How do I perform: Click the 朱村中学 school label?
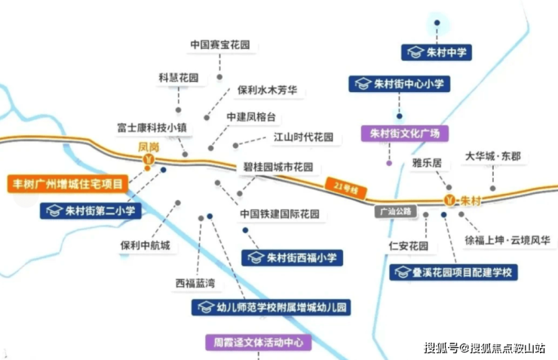tap(437, 52)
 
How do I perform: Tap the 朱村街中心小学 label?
tap(400, 84)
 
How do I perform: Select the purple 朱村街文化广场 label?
tap(405, 134)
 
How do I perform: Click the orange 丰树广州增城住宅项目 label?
tap(68, 184)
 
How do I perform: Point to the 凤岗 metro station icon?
tap(149, 159)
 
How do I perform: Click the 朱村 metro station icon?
tap(450, 200)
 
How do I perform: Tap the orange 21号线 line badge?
tap(346, 188)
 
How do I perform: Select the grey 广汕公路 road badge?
tap(395, 212)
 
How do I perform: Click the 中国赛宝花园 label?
tap(220, 45)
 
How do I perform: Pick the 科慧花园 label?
tap(178, 78)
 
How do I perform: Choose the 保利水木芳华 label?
tap(267, 90)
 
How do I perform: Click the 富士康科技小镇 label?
tap(152, 128)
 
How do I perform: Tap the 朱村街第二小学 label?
tap(90, 211)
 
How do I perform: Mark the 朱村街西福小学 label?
tap(292, 258)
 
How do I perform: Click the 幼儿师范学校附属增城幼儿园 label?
tap(271, 307)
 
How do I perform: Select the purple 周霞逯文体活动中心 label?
tap(259, 343)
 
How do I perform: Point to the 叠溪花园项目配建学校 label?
tap(453, 272)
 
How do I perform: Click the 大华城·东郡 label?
tap(493, 156)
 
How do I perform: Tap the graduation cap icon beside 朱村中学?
tap(415, 52)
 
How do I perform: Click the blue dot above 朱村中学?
tap(437, 23)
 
